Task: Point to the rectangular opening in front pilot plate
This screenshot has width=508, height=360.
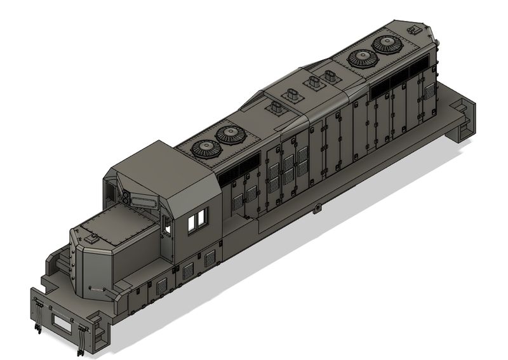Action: [x=62, y=322]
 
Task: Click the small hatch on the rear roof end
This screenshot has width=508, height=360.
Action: [x=414, y=29]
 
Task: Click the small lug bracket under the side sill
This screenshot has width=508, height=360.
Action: [x=316, y=208]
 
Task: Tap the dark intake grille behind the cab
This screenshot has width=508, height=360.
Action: [x=241, y=170]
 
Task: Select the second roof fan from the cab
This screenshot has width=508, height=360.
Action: [x=230, y=134]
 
